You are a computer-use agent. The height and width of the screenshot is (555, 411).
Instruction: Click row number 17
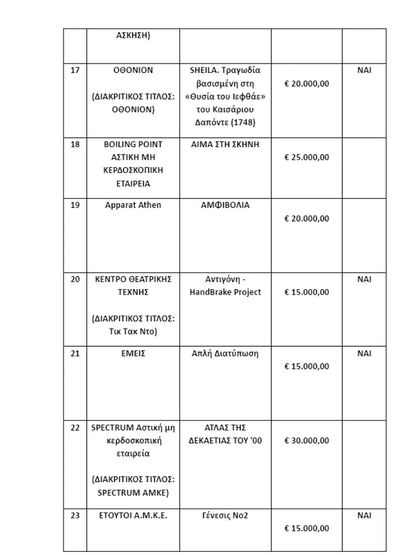pyautogui.click(x=75, y=70)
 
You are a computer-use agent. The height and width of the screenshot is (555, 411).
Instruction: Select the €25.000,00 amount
pyautogui.click(x=306, y=158)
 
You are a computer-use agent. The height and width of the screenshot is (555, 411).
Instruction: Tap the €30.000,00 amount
pyautogui.click(x=306, y=441)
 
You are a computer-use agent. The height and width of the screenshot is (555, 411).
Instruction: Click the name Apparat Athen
pyautogui.click(x=133, y=205)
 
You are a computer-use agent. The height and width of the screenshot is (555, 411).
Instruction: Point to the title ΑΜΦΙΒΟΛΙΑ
pyautogui.click(x=225, y=205)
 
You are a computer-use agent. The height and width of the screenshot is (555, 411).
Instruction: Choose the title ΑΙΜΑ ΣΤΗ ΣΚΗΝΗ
pyautogui.click(x=225, y=144)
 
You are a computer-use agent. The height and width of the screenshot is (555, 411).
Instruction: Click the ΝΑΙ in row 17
pyautogui.click(x=364, y=70)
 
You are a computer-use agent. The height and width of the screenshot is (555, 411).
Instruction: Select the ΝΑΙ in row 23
pyautogui.click(x=364, y=516)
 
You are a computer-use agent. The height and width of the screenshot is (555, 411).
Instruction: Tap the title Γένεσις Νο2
pyautogui.click(x=225, y=516)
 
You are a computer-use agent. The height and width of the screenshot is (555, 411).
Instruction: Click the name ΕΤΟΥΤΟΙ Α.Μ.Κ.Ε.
pyautogui.click(x=133, y=516)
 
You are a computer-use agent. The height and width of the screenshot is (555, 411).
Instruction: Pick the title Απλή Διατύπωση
pyautogui.click(x=225, y=353)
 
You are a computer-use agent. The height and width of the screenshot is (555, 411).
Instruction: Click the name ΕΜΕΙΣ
pyautogui.click(x=133, y=353)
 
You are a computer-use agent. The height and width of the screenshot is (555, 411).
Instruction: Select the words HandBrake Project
pyautogui.click(x=225, y=292)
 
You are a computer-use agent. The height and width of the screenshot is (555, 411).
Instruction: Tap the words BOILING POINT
pyautogui.click(x=133, y=144)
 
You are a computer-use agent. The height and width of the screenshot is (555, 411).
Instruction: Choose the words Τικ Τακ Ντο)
pyautogui.click(x=133, y=332)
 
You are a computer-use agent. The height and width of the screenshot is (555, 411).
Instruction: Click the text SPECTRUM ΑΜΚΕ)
pyautogui.click(x=133, y=493)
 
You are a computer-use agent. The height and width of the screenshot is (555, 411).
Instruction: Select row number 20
pyautogui.click(x=75, y=279)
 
